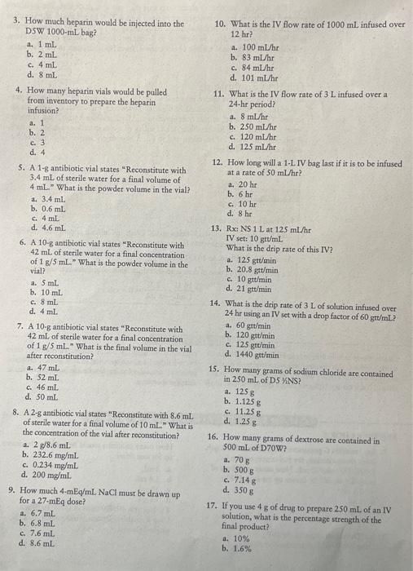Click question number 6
[x=21, y=244]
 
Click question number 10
[x=219, y=25]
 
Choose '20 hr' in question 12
[x=245, y=184]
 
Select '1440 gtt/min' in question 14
[x=260, y=354]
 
